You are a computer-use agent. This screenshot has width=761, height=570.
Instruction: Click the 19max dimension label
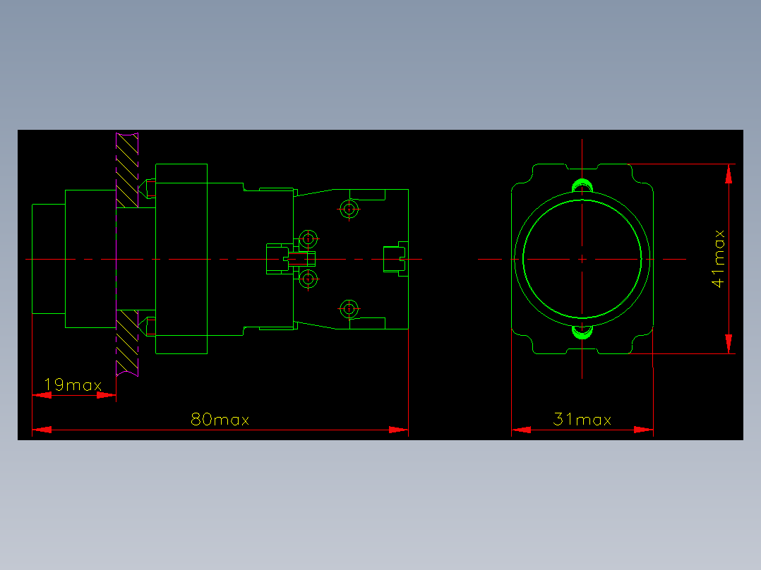click(73, 384)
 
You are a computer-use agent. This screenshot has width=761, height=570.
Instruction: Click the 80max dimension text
click(220, 419)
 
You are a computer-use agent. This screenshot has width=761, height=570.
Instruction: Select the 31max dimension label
click(582, 419)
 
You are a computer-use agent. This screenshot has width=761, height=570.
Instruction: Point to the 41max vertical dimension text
click(719, 259)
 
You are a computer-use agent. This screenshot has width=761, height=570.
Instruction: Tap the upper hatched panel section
click(127, 170)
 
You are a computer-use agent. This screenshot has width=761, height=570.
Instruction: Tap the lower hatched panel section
click(127, 343)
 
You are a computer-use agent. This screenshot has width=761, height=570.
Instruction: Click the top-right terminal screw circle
click(349, 210)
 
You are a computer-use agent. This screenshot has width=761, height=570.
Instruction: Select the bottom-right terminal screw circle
click(349, 308)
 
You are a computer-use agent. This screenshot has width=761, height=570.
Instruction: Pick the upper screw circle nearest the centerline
click(308, 239)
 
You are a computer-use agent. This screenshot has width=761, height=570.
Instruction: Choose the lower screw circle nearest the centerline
click(308, 279)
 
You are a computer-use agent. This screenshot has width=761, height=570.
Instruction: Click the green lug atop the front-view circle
click(582, 186)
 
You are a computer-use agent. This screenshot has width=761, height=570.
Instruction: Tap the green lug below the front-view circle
click(582, 332)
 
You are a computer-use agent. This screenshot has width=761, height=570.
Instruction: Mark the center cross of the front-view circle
click(582, 259)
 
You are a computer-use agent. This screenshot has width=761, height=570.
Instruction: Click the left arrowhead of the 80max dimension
click(42, 430)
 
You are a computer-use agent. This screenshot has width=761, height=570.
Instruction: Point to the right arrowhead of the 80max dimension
click(399, 430)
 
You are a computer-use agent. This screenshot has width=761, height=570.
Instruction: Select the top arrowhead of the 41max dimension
click(729, 174)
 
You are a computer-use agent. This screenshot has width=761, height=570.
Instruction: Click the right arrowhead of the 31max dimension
click(644, 430)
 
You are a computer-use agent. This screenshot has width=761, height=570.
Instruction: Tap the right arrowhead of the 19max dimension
click(107, 395)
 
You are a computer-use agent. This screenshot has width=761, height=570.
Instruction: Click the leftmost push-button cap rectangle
click(49, 259)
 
